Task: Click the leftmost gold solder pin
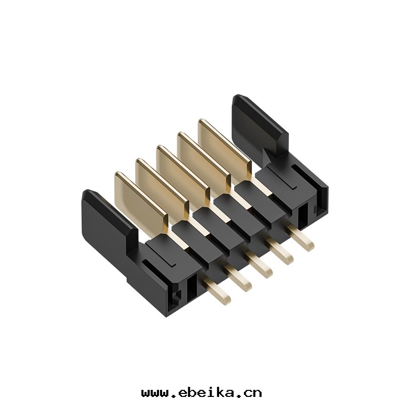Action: (x=217, y=292)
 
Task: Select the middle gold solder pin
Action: (x=259, y=265)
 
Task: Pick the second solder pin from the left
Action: (x=238, y=278)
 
